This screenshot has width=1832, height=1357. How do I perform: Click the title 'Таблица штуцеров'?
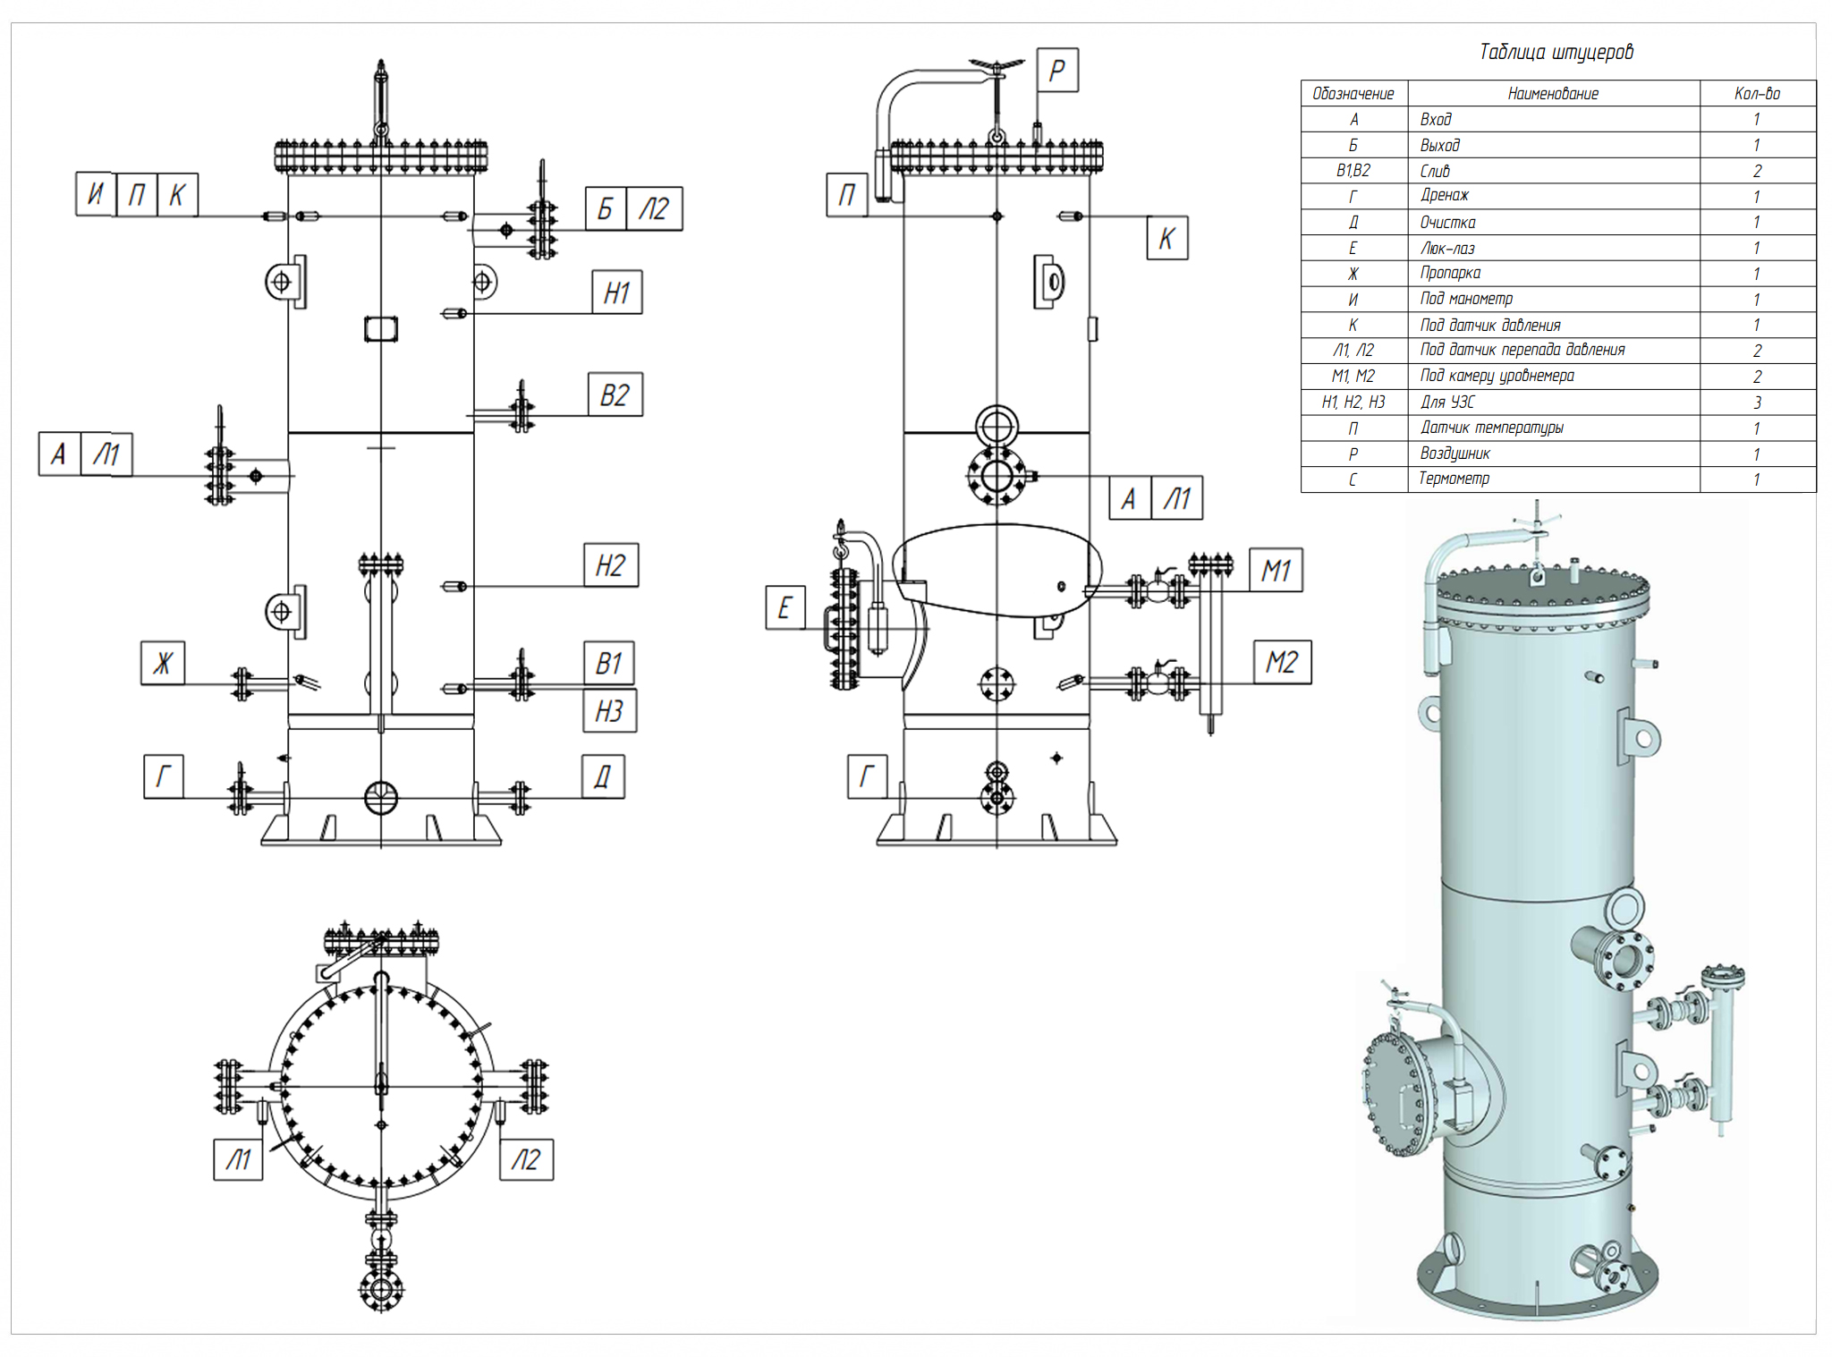point(1556,52)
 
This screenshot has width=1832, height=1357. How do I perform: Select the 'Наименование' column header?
point(1553,93)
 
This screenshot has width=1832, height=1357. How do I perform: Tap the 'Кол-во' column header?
point(1757,93)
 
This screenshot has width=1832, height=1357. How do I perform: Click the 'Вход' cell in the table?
point(1436,119)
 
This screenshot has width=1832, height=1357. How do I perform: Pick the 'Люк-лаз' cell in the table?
point(1447,248)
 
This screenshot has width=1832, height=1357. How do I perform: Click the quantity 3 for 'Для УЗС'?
point(1757,403)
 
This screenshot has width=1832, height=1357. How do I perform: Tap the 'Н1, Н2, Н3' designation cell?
point(1353,403)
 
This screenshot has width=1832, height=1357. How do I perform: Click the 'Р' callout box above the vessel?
point(1057,70)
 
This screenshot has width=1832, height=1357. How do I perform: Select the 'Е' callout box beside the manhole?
point(785,608)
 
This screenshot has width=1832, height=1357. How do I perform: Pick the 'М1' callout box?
point(1276,570)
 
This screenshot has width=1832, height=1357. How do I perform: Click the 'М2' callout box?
point(1281,662)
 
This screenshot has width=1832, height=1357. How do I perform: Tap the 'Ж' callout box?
point(163,663)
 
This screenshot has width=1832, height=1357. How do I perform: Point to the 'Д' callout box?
point(603,776)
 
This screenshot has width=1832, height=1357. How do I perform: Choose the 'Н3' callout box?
point(609,711)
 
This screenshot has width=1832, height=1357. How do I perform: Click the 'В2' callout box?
point(615,394)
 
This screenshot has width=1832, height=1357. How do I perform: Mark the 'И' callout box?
point(96,194)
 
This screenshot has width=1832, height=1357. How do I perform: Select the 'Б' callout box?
point(606,208)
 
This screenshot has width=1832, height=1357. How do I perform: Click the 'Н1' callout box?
point(616,293)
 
